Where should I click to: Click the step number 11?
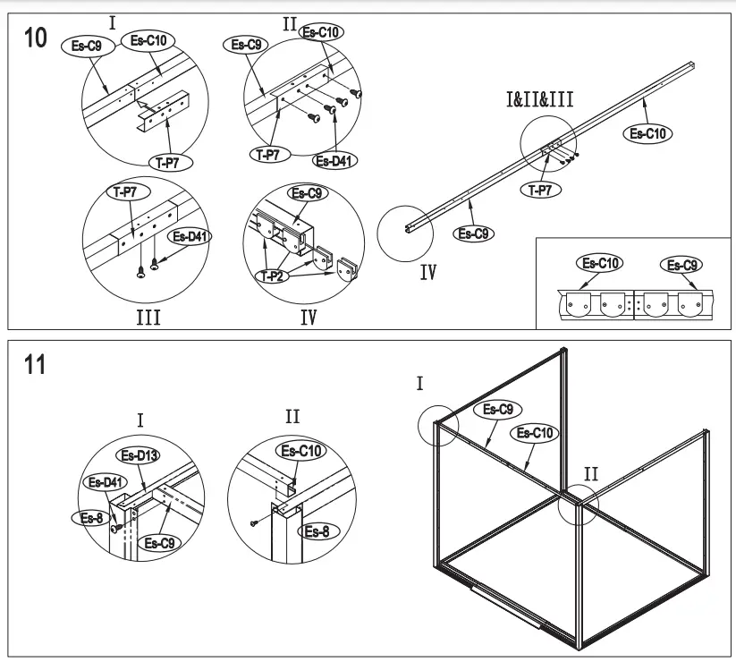click(x=33, y=367)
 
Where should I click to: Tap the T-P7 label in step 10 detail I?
click(x=168, y=161)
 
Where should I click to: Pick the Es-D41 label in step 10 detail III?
click(x=190, y=237)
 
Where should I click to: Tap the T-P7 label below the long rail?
click(x=541, y=189)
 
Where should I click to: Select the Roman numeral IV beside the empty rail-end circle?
click(x=428, y=273)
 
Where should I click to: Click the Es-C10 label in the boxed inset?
click(x=602, y=263)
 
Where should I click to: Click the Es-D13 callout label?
click(x=140, y=456)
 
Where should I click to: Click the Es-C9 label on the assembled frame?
click(x=496, y=410)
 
